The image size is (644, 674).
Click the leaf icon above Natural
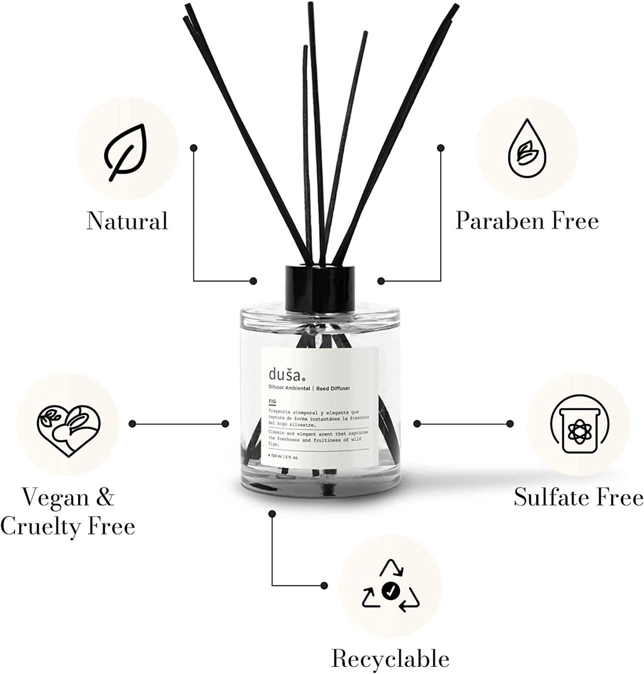click(126, 153)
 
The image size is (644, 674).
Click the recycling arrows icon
click(391, 586)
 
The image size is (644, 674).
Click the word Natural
click(127, 221)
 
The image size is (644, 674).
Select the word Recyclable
click(390, 659)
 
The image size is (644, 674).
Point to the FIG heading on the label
click(273, 402)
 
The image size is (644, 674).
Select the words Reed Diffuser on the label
click(334, 388)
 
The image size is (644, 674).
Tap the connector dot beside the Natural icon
click(194, 146)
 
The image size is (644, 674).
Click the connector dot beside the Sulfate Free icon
click(510, 423)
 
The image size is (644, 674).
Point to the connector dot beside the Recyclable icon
click(324, 585)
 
